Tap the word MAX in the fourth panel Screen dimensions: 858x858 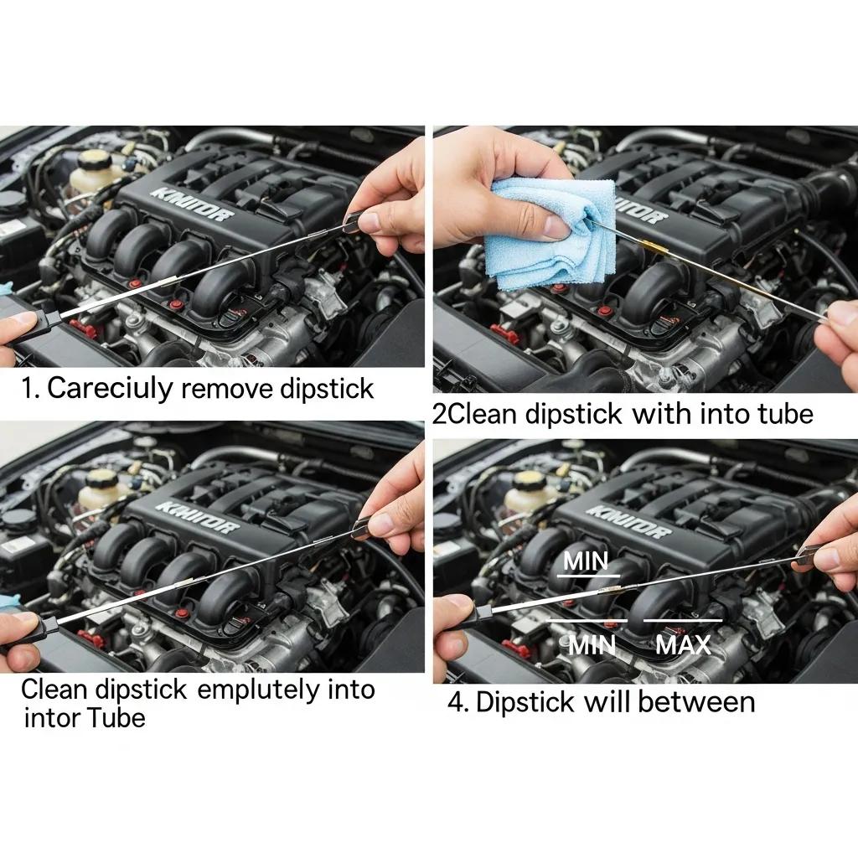(683, 644)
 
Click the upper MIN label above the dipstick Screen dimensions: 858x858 (586, 561)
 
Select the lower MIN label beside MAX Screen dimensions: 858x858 (592, 644)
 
